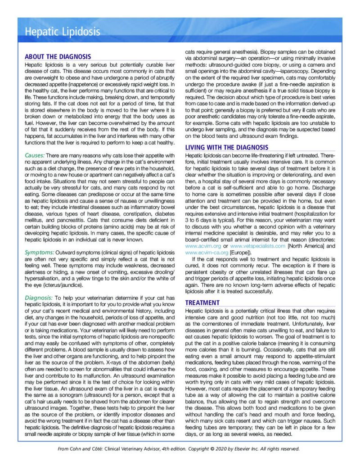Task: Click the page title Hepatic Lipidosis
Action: tap(63, 32)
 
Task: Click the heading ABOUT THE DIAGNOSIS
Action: tap(58, 57)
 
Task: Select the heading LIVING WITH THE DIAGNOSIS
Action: tap(227, 148)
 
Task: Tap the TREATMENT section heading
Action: tap(202, 303)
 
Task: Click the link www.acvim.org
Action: tap(202, 246)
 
